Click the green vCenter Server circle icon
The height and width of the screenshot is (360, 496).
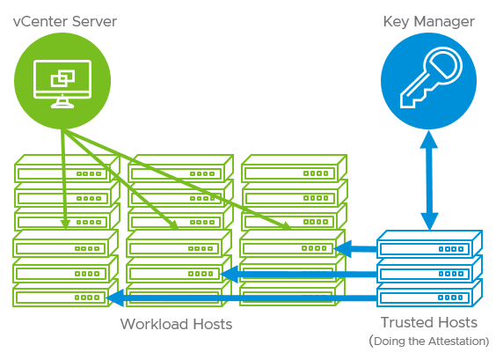[62, 82]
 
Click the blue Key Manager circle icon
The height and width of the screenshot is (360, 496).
[427, 82]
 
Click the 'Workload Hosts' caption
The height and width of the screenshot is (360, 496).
[176, 324]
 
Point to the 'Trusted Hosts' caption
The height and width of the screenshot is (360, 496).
[428, 323]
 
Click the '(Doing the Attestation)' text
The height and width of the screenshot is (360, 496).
[428, 342]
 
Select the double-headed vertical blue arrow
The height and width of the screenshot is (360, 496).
[428, 179]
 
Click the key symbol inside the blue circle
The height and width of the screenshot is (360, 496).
[427, 82]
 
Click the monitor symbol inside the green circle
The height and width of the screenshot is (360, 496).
[62, 82]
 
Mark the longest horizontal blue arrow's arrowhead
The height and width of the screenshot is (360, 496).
[113, 299]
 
